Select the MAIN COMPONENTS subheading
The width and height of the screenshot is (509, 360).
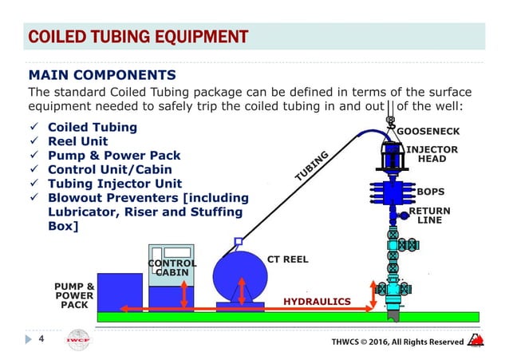pyautogui.click(x=102, y=76)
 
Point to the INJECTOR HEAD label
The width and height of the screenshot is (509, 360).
pyautogui.click(x=438, y=154)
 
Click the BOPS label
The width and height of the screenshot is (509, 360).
pyautogui.click(x=431, y=192)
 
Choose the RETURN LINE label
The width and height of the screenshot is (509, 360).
pyautogui.click(x=430, y=216)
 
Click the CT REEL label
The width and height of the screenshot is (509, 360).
pyautogui.click(x=288, y=259)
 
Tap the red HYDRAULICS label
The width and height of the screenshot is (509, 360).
pyautogui.click(x=318, y=302)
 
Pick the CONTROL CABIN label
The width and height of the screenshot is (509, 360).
pyautogui.click(x=172, y=267)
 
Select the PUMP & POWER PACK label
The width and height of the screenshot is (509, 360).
pyautogui.click(x=74, y=294)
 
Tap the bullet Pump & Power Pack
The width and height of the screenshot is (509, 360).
pyautogui.click(x=114, y=156)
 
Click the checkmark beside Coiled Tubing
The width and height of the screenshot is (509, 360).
pyautogui.click(x=33, y=128)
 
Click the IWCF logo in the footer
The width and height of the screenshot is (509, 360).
pyautogui.click(x=78, y=341)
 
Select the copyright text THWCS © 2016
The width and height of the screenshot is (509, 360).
pyautogui.click(x=397, y=342)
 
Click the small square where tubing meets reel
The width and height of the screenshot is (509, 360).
pyautogui.click(x=238, y=240)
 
